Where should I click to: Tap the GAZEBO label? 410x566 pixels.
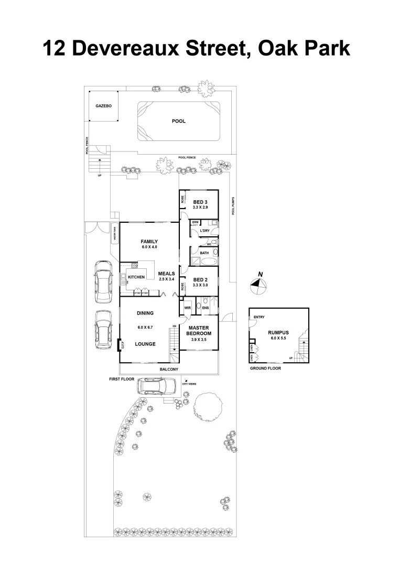tap(103, 105)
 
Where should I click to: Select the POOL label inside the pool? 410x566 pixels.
tap(179, 121)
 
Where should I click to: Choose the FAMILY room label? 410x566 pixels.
tap(149, 242)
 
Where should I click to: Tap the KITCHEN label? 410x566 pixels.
tap(136, 277)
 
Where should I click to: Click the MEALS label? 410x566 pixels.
tap(166, 274)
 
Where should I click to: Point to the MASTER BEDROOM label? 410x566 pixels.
tap(199, 331)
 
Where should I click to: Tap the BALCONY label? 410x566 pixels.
tap(169, 369)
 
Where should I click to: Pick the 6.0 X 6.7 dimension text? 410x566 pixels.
tap(145, 327)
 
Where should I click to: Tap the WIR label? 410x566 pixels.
tap(187, 308)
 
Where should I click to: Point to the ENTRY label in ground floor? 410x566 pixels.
tap(259, 317)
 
